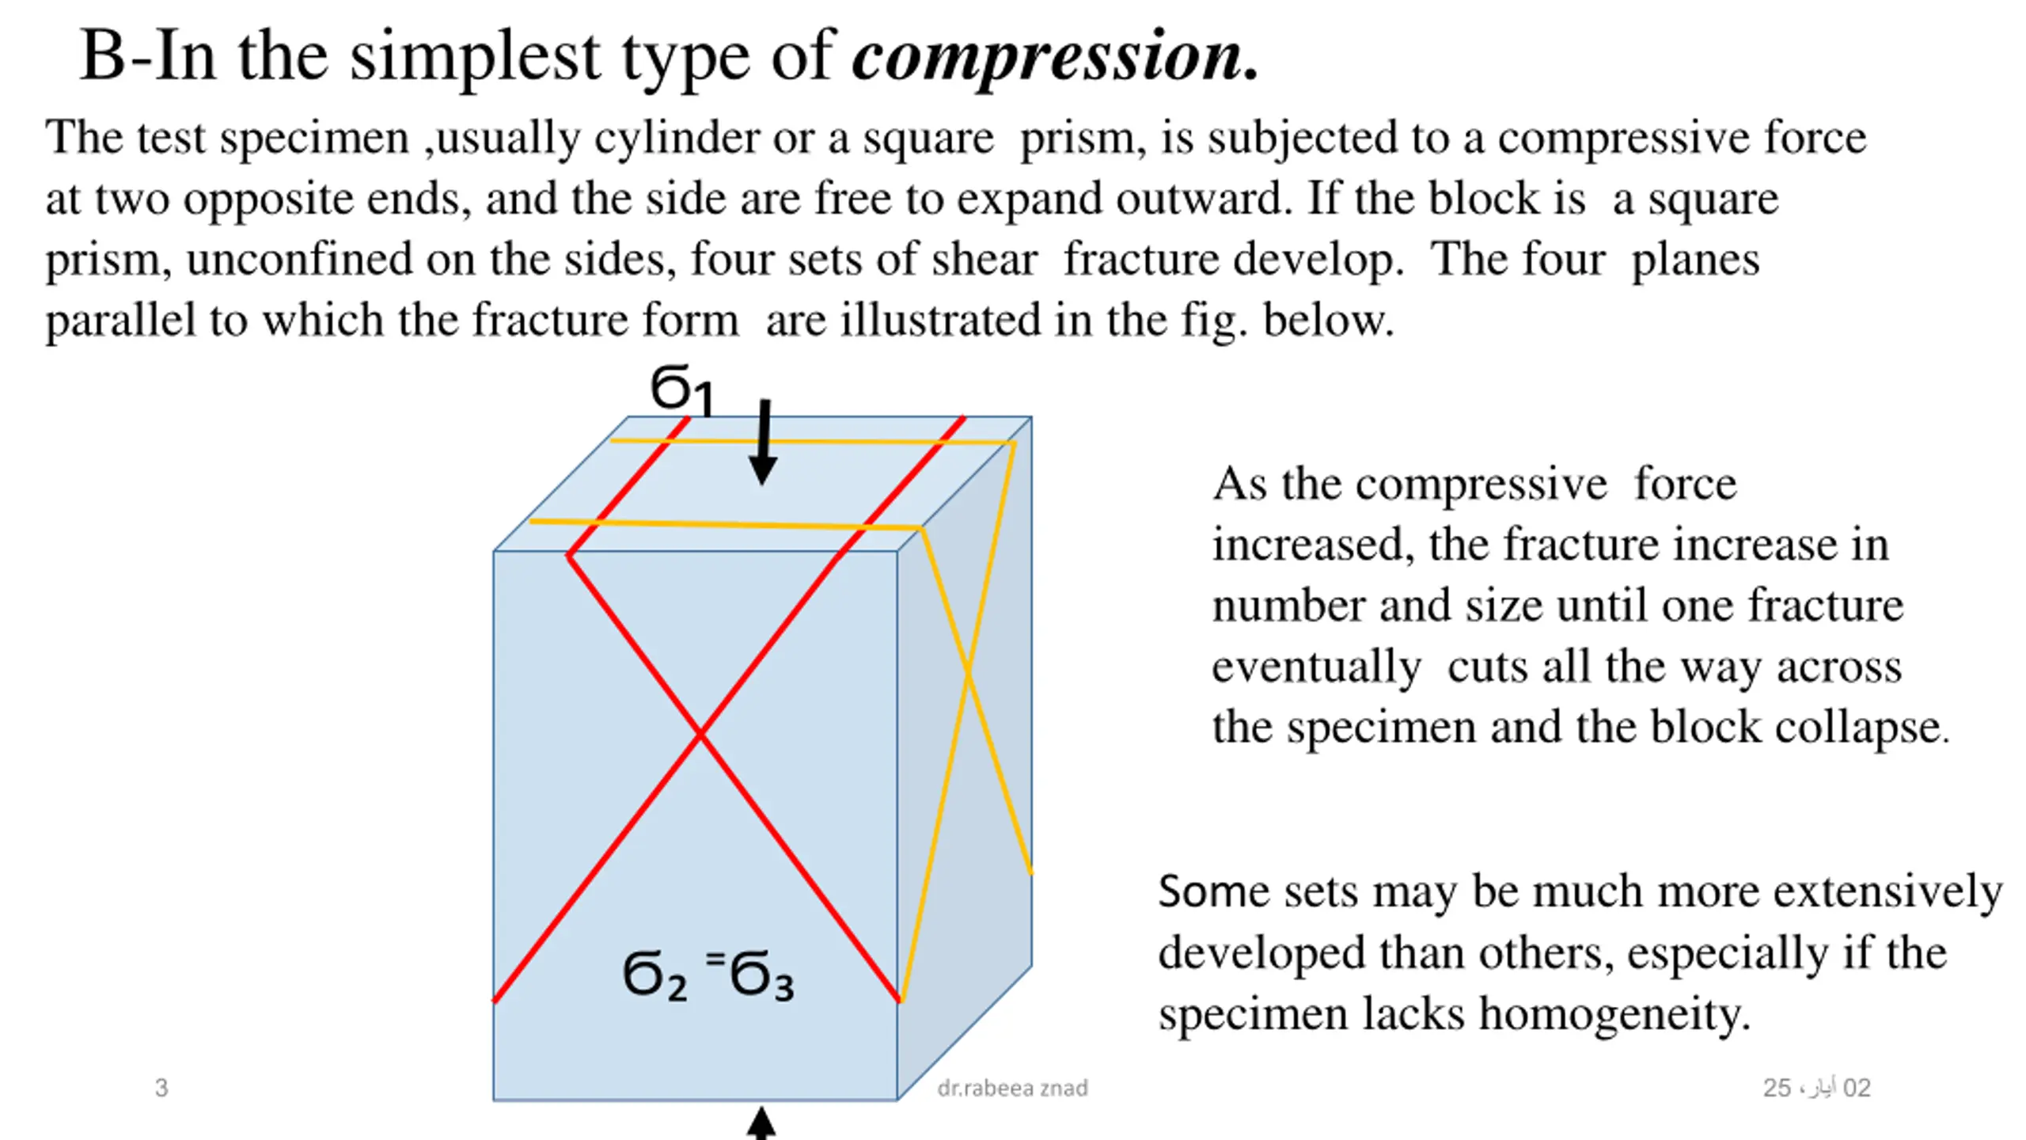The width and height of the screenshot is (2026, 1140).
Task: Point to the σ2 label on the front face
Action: pyautogui.click(x=654, y=975)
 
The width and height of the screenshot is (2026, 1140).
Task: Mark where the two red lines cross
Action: pyautogui.click(x=700, y=735)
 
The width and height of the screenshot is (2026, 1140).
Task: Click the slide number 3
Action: pyautogui.click(x=161, y=1088)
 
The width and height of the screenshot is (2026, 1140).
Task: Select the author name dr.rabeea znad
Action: pyautogui.click(x=1012, y=1088)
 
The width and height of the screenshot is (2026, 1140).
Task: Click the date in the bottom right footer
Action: pyautogui.click(x=1816, y=1088)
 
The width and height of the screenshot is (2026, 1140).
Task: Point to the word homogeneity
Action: pyautogui.click(x=1614, y=1013)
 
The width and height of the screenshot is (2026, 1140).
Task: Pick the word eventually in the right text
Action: pyautogui.click(x=1316, y=667)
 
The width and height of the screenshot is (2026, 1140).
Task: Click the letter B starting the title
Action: pyautogui.click(x=103, y=57)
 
